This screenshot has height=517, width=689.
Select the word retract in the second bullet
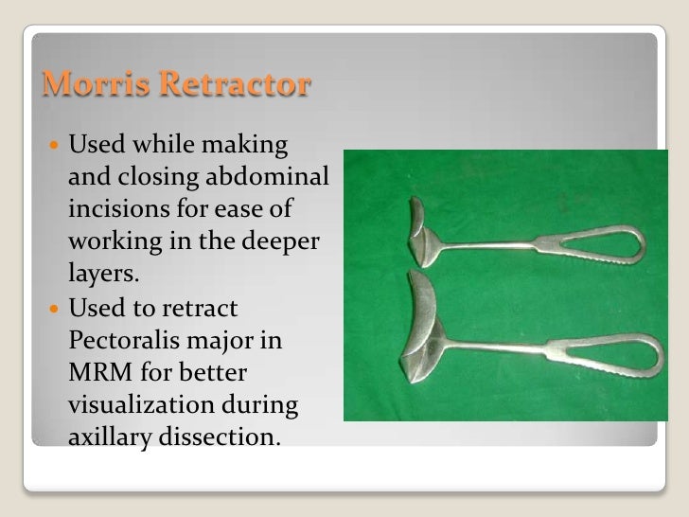[x=202, y=308]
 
